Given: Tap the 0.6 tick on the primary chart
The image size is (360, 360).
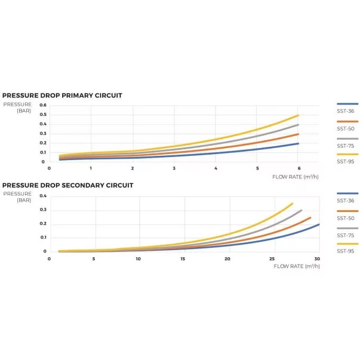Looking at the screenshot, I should (x=43, y=106).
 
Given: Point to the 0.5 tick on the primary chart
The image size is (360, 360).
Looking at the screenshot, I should (x=43, y=115).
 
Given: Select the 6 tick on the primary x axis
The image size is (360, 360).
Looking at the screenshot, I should (x=297, y=169).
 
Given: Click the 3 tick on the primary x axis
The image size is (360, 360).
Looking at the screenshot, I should (x=174, y=169).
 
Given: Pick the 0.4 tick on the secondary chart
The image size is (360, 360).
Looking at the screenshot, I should (x=43, y=196).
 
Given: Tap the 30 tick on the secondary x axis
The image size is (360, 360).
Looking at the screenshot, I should (x=316, y=259).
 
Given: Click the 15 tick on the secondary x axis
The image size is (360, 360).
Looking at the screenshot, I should (x=183, y=259).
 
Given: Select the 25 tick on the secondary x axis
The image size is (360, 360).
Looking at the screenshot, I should (x=272, y=259).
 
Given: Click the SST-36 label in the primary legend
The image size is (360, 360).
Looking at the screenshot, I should (x=346, y=112).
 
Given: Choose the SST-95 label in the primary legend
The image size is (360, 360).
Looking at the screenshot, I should (x=346, y=161).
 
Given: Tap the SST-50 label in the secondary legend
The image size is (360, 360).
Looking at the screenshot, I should (x=346, y=219).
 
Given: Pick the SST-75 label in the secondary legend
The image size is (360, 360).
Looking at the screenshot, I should (x=346, y=235).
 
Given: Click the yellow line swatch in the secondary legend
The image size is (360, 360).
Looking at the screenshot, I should (x=347, y=244).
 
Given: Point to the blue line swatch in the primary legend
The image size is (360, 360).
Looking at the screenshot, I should (x=347, y=104).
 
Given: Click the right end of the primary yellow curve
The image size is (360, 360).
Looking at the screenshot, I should (x=297, y=115).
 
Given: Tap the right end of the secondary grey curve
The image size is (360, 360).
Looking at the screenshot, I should (x=301, y=210).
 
